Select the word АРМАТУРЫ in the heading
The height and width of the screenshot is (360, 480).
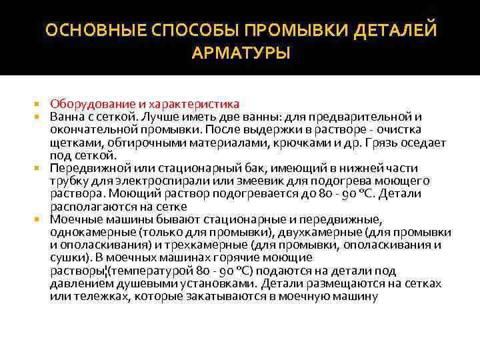(x=240, y=53)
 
